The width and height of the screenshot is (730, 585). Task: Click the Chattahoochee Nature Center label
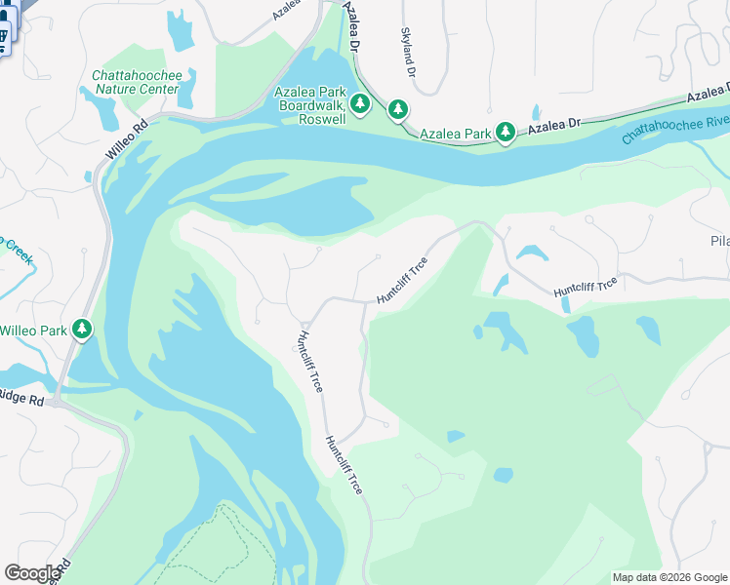coord(137,82)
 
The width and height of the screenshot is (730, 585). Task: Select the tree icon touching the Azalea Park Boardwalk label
coord(360,103)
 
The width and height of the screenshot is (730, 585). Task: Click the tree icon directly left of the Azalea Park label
coord(397,109)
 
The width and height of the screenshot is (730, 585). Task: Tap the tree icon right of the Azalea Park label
coord(505,131)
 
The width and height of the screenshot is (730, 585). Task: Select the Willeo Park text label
coord(33,331)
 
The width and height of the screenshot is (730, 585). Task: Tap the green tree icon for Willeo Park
coord(83,331)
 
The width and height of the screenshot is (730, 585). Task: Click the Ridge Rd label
coord(21,400)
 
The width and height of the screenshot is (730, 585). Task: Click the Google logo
coord(31,573)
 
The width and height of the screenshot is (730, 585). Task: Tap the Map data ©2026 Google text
coord(670,577)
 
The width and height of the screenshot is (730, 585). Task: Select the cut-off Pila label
coord(719,240)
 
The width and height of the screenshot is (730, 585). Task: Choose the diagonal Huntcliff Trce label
coord(402,280)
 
